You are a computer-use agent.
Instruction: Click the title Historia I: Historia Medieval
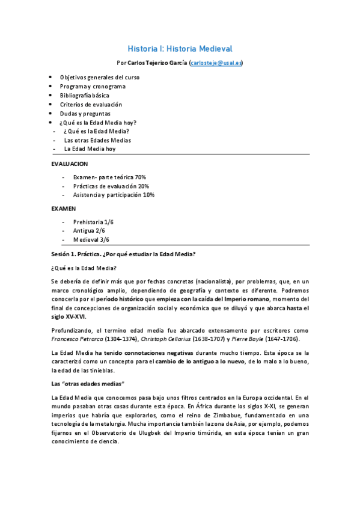(x=180, y=48)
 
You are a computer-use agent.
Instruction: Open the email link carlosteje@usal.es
(x=216, y=63)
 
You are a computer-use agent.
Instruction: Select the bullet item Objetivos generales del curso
(x=99, y=78)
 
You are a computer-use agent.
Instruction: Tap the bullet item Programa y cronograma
(x=92, y=87)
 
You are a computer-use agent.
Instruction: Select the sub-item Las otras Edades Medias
(x=97, y=140)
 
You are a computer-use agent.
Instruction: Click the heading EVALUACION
(x=69, y=164)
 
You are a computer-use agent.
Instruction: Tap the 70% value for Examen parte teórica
(x=140, y=177)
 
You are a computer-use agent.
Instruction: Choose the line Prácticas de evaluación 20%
(x=111, y=186)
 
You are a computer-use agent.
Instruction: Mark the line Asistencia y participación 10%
(x=114, y=195)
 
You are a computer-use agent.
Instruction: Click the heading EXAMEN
(x=64, y=209)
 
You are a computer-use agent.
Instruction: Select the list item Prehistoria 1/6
(x=93, y=223)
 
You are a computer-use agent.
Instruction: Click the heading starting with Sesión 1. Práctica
(x=123, y=254)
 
